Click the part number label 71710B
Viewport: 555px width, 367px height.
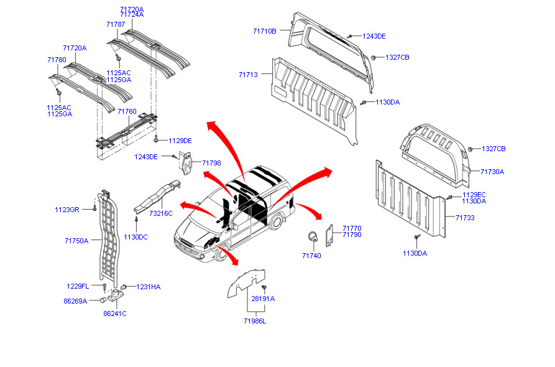(x=265, y=31)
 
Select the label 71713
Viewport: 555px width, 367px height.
(x=248, y=75)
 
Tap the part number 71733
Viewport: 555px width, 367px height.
(x=465, y=218)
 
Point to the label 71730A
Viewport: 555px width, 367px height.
(x=492, y=172)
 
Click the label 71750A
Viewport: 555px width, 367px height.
(x=76, y=240)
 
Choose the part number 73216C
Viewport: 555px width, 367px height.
(x=161, y=213)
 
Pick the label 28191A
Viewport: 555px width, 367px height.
(x=263, y=299)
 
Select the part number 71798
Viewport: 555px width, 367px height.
(x=211, y=163)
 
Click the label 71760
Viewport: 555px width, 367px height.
(x=127, y=111)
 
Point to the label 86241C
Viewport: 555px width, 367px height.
(x=114, y=314)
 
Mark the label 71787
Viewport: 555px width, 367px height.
(x=116, y=24)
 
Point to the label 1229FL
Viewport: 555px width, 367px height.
(x=78, y=286)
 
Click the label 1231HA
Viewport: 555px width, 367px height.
(x=149, y=287)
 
